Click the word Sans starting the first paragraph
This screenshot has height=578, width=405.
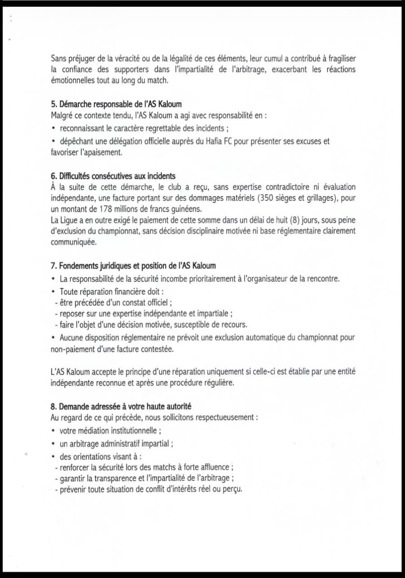(x=58, y=58)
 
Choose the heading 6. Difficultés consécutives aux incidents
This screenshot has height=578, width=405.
(x=113, y=176)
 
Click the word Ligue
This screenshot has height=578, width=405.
(x=70, y=220)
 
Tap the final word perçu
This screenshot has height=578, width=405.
(x=233, y=489)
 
